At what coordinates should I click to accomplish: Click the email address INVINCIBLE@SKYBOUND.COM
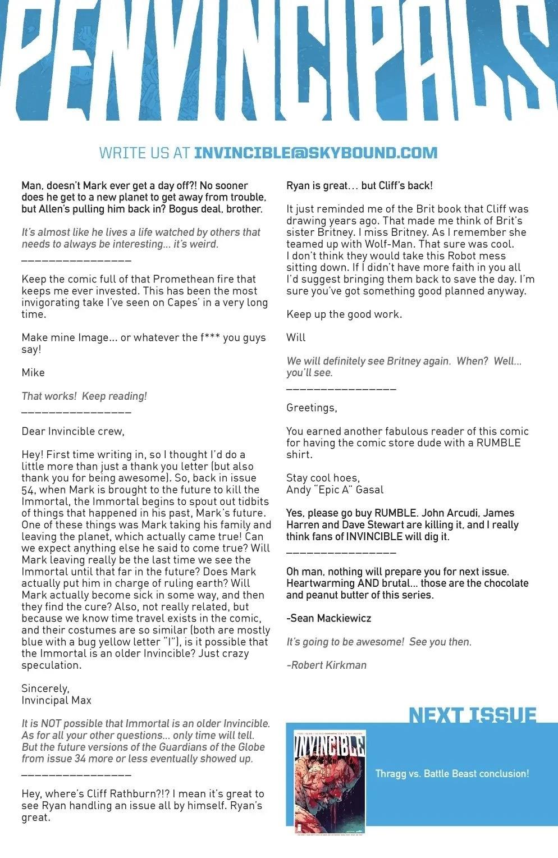315,153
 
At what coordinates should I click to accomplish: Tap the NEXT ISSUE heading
473,715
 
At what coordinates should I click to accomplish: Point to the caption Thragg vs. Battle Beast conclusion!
452,774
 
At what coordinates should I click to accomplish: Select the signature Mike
33,373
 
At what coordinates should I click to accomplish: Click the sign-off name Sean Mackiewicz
330,618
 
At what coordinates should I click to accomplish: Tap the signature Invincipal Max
56,700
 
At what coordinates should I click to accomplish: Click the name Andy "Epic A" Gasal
335,490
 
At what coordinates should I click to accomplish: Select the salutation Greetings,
312,408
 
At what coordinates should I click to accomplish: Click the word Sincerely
45,688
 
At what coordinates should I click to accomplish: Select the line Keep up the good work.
344,314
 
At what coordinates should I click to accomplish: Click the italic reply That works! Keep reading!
84,396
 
